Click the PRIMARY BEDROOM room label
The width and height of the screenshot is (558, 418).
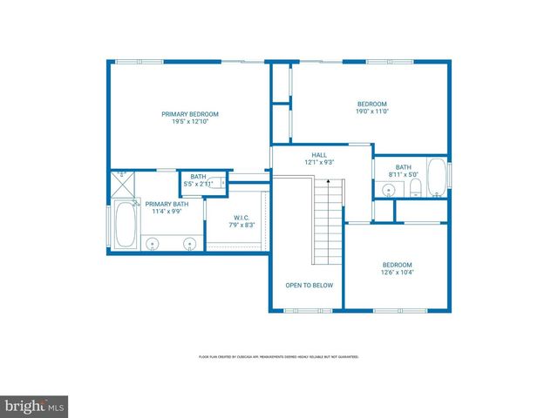pyautogui.click(x=190, y=114)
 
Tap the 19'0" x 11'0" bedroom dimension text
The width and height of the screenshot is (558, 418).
pyautogui.click(x=371, y=111)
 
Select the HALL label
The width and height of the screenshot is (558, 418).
pyautogui.click(x=319, y=154)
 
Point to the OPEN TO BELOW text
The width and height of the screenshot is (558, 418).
pyautogui.click(x=309, y=285)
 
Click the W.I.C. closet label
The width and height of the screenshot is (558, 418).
pyautogui.click(x=242, y=217)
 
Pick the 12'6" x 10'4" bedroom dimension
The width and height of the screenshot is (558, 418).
pyautogui.click(x=397, y=273)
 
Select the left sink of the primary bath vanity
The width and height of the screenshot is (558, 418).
pyautogui.click(x=153, y=243)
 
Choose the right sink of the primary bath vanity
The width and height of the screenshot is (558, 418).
pyautogui.click(x=189, y=243)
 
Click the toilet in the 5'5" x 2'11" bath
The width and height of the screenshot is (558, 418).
pyautogui.click(x=223, y=183)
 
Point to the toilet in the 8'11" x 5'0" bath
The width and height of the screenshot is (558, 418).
pyautogui.click(x=415, y=189)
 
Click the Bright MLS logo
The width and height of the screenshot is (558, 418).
pyautogui.click(x=35, y=406)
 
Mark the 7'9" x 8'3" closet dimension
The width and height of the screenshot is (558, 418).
pyautogui.click(x=242, y=225)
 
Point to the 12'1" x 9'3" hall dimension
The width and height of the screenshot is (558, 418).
pyautogui.click(x=319, y=162)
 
